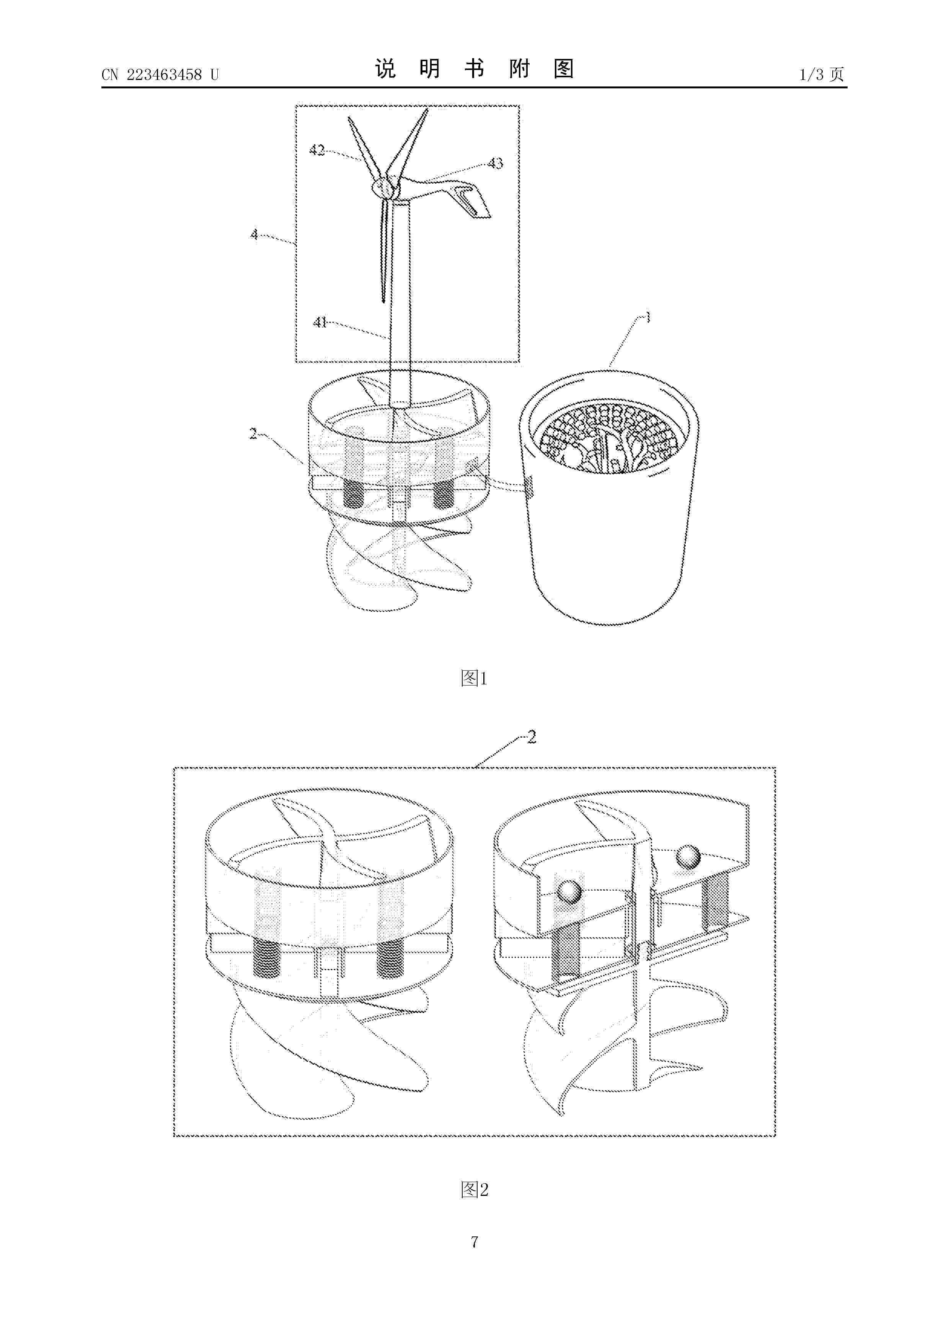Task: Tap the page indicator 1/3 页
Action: [822, 74]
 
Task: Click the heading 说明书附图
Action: [474, 69]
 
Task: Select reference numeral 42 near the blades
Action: [317, 150]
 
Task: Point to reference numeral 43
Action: [495, 163]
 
